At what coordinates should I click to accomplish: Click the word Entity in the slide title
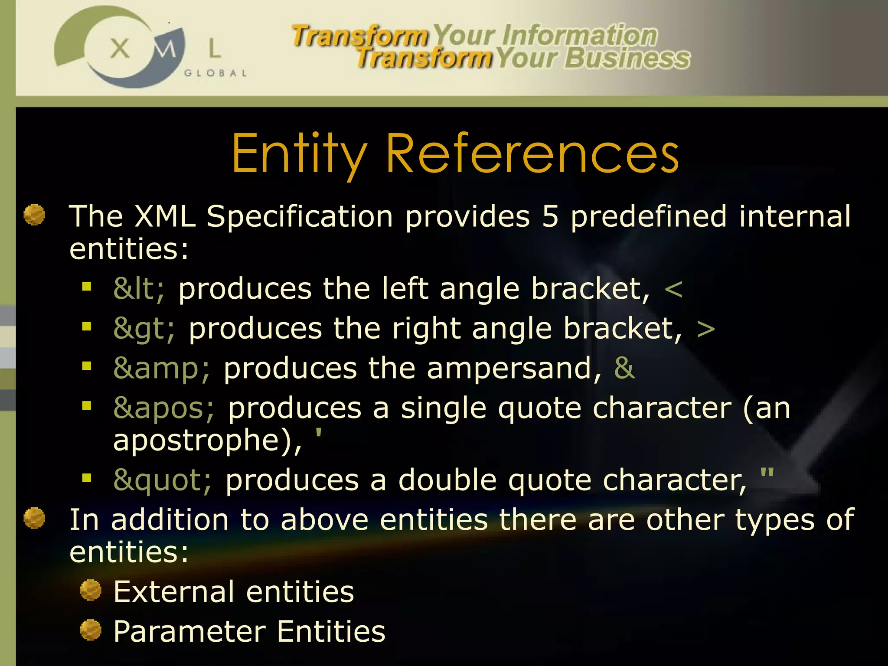[299, 154]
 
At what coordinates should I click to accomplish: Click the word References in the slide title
[532, 154]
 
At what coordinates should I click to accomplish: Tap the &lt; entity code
[139, 289]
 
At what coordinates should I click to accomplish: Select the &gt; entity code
[144, 329]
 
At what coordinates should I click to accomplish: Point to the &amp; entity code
[162, 369]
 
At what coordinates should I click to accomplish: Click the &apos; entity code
[163, 408]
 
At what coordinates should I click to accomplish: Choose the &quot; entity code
[163, 480]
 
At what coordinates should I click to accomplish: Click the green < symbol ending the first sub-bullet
[673, 290]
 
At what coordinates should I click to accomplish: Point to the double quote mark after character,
[767, 472]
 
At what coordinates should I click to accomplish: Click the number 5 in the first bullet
[550, 216]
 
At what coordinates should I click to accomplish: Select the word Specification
[299, 217]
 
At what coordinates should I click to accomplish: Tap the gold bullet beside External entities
[91, 590]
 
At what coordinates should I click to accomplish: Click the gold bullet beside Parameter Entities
[91, 630]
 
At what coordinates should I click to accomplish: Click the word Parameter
[189, 631]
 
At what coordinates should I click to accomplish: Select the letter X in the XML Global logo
[120, 48]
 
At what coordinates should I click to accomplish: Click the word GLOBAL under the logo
[215, 73]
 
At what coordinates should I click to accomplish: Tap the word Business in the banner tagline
[627, 59]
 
